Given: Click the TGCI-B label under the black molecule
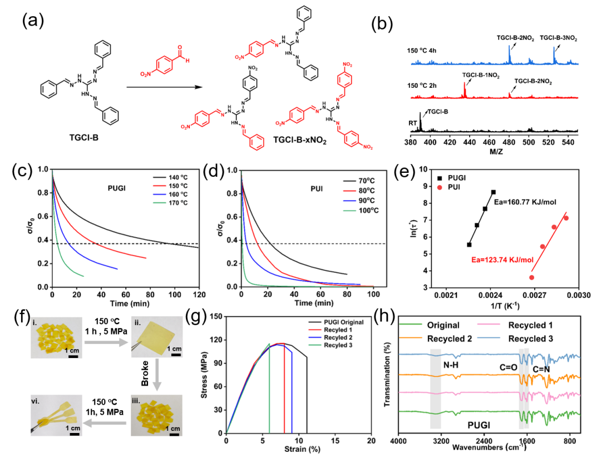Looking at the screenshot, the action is (x=83, y=137).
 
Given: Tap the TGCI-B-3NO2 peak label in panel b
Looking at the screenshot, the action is (x=559, y=38).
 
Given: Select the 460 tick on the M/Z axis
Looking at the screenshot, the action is (x=489, y=142).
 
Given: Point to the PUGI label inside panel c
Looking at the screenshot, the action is (x=116, y=188).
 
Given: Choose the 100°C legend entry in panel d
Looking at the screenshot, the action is (x=361, y=211).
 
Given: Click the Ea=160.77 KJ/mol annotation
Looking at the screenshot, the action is (x=525, y=202).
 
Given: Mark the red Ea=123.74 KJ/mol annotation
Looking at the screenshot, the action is (x=502, y=260).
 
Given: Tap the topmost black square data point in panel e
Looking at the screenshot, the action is (x=493, y=192).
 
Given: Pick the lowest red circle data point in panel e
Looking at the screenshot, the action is (x=531, y=277).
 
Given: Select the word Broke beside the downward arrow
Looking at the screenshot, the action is (x=145, y=373).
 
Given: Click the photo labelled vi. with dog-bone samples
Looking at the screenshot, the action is (x=56, y=416).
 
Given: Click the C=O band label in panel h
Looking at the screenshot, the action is (x=508, y=367).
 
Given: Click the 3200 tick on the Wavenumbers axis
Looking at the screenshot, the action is (x=441, y=441).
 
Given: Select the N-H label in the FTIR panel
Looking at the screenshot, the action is (x=451, y=365).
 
